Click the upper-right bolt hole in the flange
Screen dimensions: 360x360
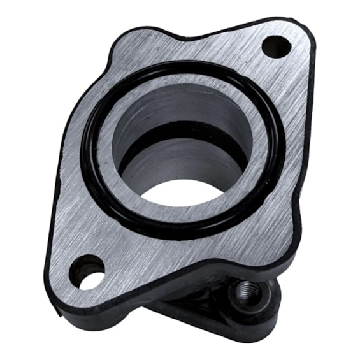pyautogui.click(x=276, y=46)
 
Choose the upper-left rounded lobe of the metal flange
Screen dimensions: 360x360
pyautogui.click(x=127, y=48)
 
